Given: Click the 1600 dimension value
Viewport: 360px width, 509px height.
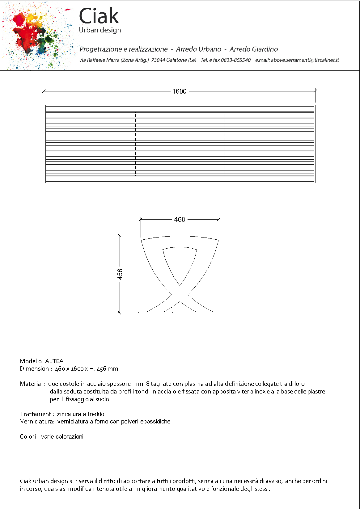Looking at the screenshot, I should (179, 91).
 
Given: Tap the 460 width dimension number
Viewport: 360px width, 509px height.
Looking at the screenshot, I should (180, 220).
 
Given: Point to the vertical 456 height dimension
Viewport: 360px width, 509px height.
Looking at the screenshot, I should (120, 274).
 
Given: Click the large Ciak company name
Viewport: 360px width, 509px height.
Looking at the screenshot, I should (99, 16).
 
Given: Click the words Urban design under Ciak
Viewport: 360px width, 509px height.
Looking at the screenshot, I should (100, 30).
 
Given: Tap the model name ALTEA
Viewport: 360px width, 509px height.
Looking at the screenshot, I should (54, 361).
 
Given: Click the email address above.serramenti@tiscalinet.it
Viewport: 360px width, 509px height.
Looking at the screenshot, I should (305, 60).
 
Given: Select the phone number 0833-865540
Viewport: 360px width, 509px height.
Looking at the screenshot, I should (235, 60).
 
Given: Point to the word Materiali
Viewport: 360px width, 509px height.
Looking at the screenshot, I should (32, 384).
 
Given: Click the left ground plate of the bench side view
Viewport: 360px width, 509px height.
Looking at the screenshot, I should (155, 313).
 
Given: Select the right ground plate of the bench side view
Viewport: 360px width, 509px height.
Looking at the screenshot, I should (204, 313).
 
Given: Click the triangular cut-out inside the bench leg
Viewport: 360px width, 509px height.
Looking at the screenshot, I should (180, 263).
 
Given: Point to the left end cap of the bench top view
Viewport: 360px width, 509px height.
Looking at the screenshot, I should (45, 144).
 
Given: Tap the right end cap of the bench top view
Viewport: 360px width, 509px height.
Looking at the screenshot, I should (315, 144).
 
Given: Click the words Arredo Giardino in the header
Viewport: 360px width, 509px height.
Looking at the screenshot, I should (253, 49).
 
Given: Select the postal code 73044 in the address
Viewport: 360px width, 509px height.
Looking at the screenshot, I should (158, 60).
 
